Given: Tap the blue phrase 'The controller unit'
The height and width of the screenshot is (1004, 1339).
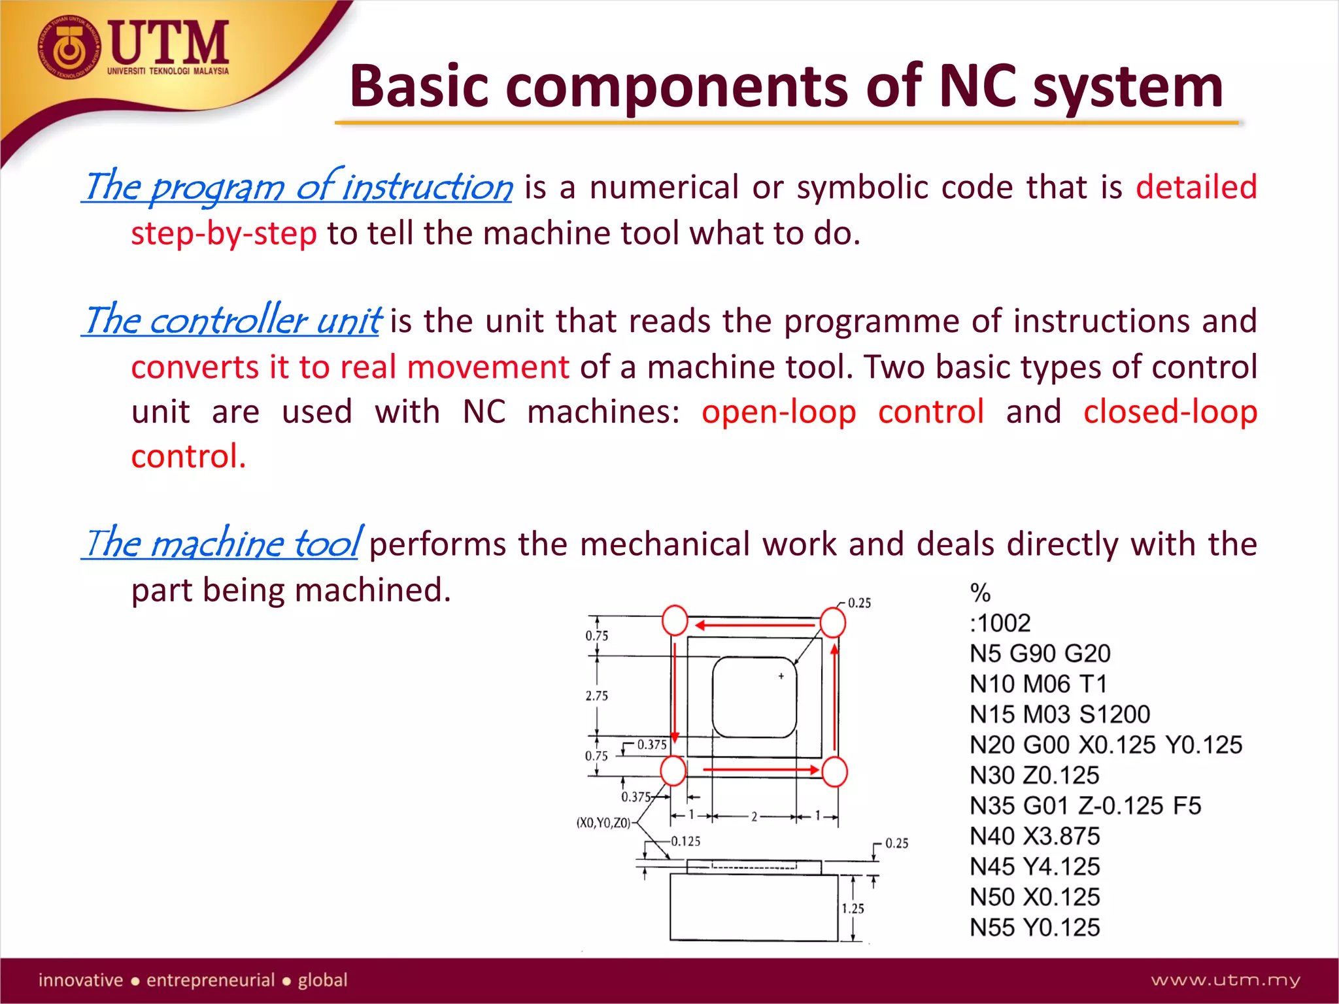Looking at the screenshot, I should (233, 321).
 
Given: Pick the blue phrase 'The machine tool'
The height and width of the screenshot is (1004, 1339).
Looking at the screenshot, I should (222, 543).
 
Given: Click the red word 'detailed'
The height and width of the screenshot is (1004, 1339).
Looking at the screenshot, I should (1196, 188).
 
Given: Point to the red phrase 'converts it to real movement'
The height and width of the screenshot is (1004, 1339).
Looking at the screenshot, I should (350, 367).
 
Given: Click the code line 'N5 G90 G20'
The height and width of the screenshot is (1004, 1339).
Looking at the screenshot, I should (1040, 654).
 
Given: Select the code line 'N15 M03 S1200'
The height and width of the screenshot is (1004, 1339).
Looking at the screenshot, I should (1059, 714).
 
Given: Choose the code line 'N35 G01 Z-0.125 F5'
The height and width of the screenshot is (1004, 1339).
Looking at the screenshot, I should (1085, 806).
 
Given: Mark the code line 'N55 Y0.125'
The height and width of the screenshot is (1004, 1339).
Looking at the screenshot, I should (1034, 928).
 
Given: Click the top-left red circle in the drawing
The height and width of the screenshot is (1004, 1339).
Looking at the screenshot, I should (675, 620).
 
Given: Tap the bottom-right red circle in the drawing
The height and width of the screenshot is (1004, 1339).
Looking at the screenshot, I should (834, 772).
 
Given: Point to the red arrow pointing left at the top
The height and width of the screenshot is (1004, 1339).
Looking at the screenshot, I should (755, 626).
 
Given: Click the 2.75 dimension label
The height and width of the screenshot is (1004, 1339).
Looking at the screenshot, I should (596, 696).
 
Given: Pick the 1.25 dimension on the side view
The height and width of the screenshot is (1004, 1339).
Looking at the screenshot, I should (853, 909).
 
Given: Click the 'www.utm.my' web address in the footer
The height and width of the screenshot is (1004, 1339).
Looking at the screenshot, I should (1225, 980).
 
